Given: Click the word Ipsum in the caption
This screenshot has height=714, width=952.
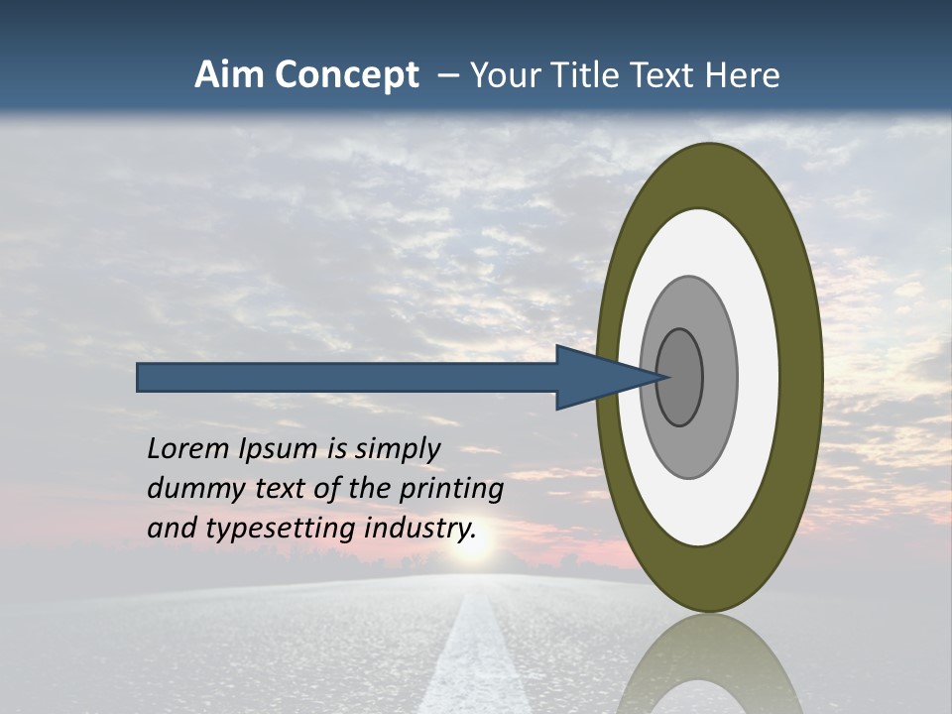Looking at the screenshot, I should tap(280, 450).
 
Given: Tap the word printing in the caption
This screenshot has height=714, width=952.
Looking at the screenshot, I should tap(451, 490).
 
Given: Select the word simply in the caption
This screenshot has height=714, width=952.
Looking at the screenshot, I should tap(397, 450).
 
